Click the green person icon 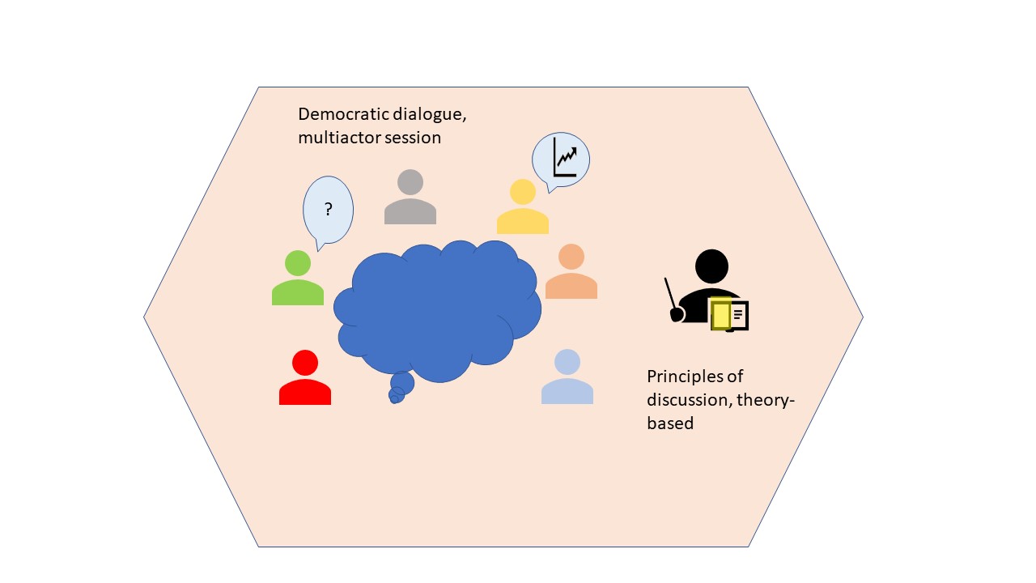(297, 278)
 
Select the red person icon (305, 377)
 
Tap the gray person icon (410, 197)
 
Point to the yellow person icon (523, 206)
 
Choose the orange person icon (571, 271)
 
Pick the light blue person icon (567, 377)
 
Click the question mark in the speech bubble (329, 209)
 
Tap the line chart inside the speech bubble (565, 157)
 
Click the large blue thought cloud (437, 311)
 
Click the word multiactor (339, 138)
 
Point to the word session (413, 138)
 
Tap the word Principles (686, 377)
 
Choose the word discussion (689, 400)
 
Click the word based (670, 423)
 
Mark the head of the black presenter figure (711, 266)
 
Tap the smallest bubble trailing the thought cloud (394, 400)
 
